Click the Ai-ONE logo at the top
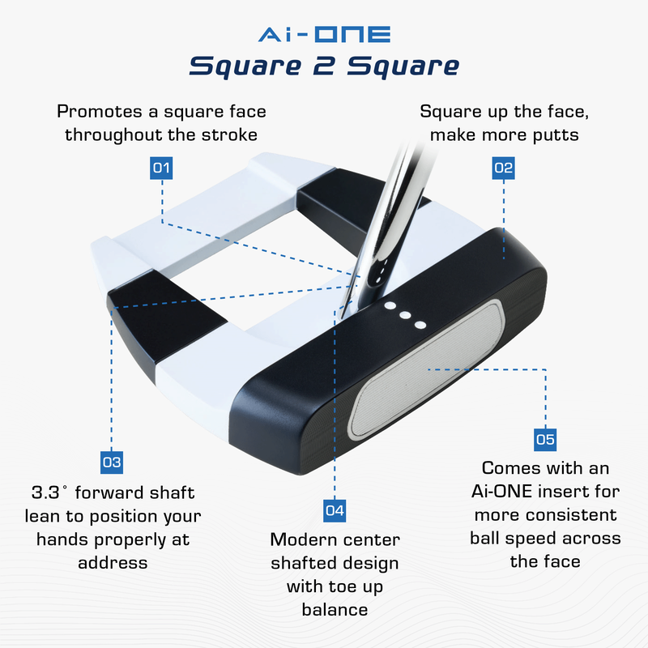click(x=324, y=35)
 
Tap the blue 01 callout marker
click(x=162, y=168)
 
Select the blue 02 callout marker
click(x=503, y=168)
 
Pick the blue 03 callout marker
click(x=112, y=463)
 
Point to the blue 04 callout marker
click(x=334, y=510)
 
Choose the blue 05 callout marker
click(x=545, y=440)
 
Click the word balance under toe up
click(x=335, y=609)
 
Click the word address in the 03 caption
click(x=113, y=562)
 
